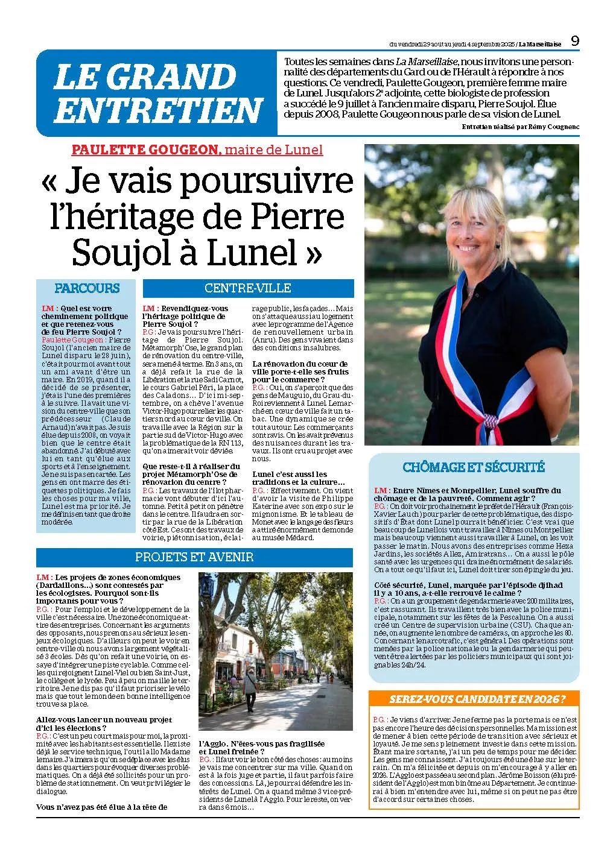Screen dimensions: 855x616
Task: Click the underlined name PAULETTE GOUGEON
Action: coord(144,150)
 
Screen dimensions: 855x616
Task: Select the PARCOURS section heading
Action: coord(87,288)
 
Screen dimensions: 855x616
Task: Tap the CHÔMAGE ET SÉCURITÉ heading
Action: coord(473,467)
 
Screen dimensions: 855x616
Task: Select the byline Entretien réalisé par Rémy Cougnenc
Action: coord(519,127)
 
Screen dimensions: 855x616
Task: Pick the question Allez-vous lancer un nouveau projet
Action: coord(104,724)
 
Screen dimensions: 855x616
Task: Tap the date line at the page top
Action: coord(475,43)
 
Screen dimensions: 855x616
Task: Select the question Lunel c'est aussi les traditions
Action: coord(297,478)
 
